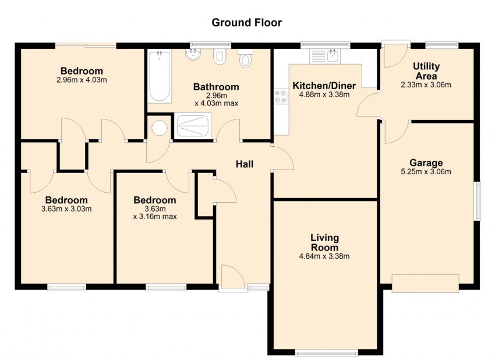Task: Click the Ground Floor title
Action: click(x=246, y=23)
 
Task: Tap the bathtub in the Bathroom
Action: click(x=159, y=76)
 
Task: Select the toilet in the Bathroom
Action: click(x=246, y=59)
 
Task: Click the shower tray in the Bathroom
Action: click(x=195, y=126)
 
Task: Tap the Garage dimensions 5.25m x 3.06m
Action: click(x=426, y=171)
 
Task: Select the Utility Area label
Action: click(x=426, y=71)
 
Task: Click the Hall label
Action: click(x=244, y=164)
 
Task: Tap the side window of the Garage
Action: click(x=478, y=200)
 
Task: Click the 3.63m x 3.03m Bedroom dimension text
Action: click(x=66, y=209)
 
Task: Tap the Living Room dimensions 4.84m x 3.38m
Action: click(x=324, y=256)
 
